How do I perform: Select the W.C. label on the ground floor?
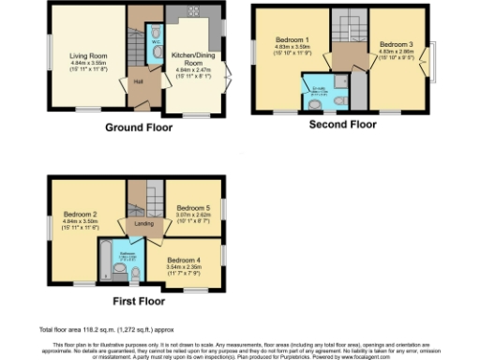156,42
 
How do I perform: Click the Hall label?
137,82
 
